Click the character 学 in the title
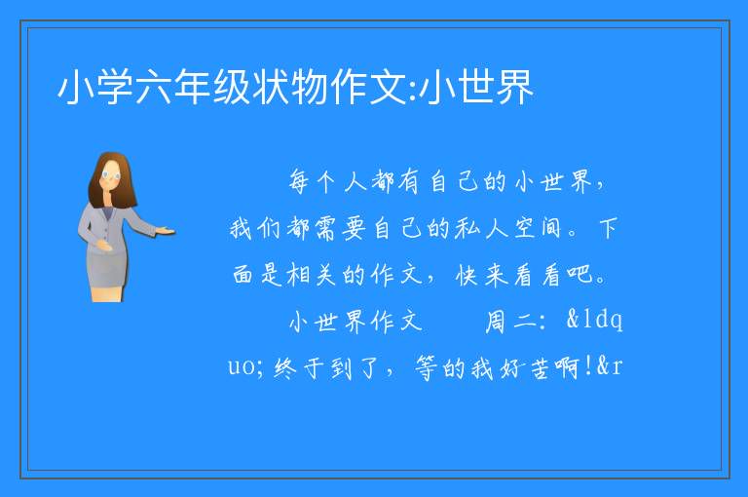pyautogui.click(x=115, y=87)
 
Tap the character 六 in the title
pyautogui.click(x=154, y=87)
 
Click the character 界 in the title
pyautogui.click(x=514, y=87)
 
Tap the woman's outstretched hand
pyautogui.click(x=165, y=232)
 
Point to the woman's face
pyautogui.click(x=112, y=174)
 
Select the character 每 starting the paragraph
pyautogui.click(x=299, y=182)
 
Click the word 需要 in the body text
pyautogui.click(x=340, y=228)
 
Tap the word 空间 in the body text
pyautogui.click(x=538, y=228)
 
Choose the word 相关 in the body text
pyautogui.click(x=311, y=275)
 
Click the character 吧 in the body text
pyautogui.click(x=580, y=275)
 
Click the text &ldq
pyautogui.click(x=594, y=320)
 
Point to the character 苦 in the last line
pyautogui.click(x=539, y=368)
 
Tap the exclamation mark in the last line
pyautogui.click(x=587, y=366)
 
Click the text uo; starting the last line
pyautogui.click(x=246, y=368)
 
